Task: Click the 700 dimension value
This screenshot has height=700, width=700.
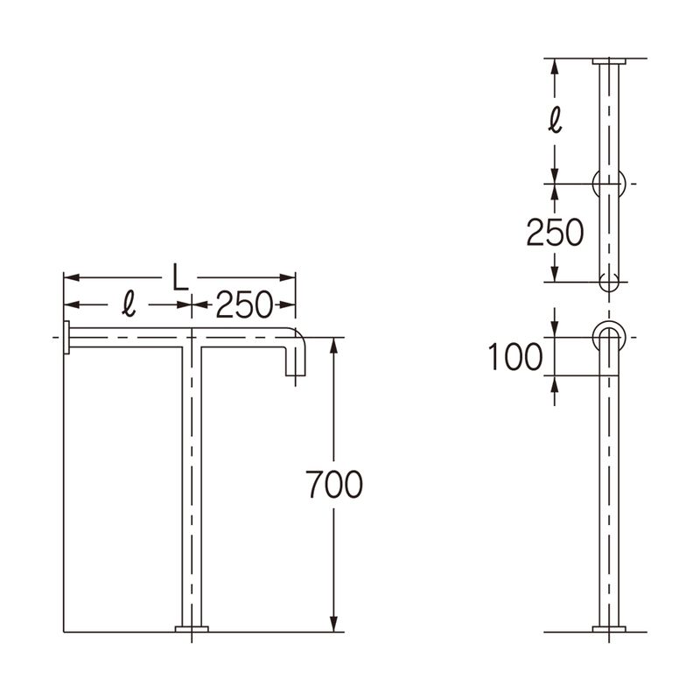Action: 334,485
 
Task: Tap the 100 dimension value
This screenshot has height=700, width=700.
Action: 514,356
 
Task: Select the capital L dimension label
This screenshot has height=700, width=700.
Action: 180,277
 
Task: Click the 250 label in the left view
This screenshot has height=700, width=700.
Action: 244,304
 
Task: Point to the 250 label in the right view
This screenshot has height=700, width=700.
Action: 555,233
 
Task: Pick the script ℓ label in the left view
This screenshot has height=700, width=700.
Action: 129,304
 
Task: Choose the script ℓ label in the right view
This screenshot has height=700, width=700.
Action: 555,120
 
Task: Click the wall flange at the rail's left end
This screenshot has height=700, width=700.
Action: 66,338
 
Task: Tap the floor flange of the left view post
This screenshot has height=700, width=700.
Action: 192,629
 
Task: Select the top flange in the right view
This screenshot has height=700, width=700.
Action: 609,61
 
